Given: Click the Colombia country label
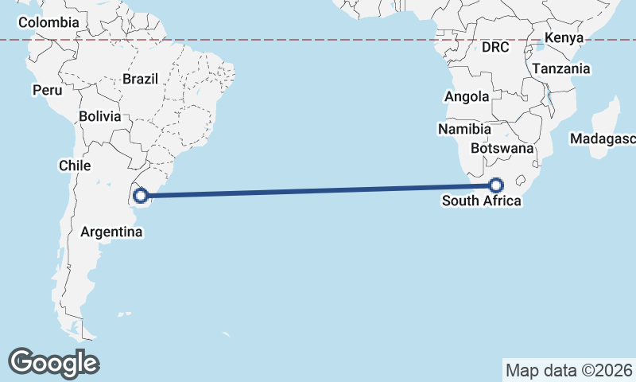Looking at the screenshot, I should click(48, 22).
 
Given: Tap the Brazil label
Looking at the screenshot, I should click(141, 79).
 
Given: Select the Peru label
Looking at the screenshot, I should click(47, 90).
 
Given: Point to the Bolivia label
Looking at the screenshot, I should click(100, 116).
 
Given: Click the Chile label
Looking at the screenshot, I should click(75, 166).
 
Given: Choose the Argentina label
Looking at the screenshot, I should click(111, 232).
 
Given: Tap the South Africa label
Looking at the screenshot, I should click(482, 201).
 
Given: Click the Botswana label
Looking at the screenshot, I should click(501, 149).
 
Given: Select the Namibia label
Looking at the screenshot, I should click(464, 129).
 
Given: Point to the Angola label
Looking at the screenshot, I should click(467, 97).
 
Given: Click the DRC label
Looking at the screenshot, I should click(494, 48).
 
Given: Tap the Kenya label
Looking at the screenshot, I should click(564, 37).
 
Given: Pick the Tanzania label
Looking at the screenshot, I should click(561, 69).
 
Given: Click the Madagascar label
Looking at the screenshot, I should click(603, 139).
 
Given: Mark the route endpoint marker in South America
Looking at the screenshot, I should click(141, 194).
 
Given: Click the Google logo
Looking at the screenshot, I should click(53, 363).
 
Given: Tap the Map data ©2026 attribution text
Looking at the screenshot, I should click(569, 370).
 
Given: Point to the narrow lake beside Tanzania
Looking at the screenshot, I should click(550, 101).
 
